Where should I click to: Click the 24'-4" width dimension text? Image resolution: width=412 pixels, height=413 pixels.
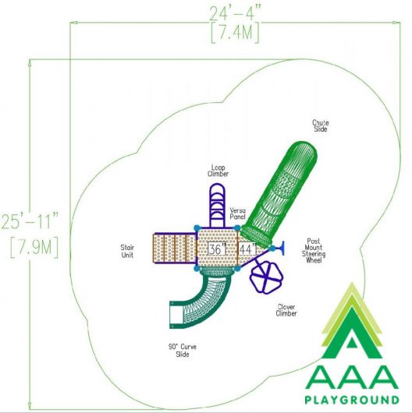(x=235, y=12)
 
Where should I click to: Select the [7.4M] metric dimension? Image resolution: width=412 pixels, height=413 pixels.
(x=235, y=33)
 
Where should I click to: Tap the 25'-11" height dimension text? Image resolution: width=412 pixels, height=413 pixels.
(x=30, y=221)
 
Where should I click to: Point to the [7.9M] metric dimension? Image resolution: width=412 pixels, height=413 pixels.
(x=34, y=248)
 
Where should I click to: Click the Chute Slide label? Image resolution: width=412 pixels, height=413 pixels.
(x=321, y=126)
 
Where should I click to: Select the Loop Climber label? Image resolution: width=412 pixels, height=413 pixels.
(x=218, y=171)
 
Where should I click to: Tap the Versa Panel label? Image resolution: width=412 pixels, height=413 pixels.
(x=237, y=214)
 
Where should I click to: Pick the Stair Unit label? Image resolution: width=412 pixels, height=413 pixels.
(x=127, y=251)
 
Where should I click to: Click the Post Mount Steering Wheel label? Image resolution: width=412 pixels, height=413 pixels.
(x=314, y=251)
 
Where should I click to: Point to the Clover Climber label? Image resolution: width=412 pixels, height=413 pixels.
(x=286, y=310)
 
